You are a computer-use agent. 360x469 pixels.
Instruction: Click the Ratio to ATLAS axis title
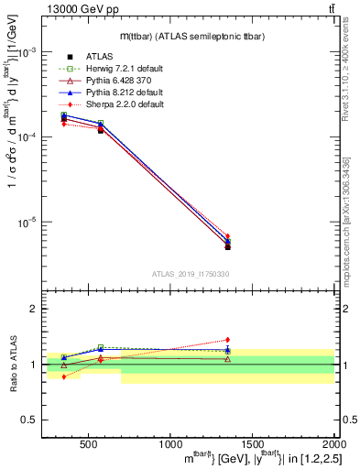click(11, 364)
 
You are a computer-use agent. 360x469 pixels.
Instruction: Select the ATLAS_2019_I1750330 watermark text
click(190, 274)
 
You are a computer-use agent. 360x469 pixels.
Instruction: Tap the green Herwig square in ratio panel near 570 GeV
click(100, 347)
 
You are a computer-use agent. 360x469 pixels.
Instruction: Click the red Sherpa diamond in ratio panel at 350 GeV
click(64, 376)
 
